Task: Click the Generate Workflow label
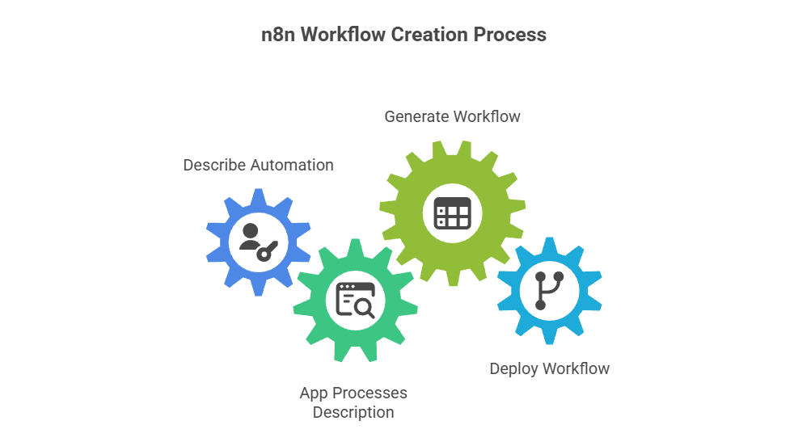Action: [452, 116]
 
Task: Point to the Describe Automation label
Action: [258, 165]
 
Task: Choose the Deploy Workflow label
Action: [549, 369]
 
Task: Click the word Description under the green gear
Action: [353, 412]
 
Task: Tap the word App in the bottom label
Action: [314, 393]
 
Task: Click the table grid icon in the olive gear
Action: [452, 213]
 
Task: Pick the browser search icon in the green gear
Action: [354, 301]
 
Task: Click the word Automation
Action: [291, 165]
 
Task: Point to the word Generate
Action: [416, 116]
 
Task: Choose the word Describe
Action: [213, 165]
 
